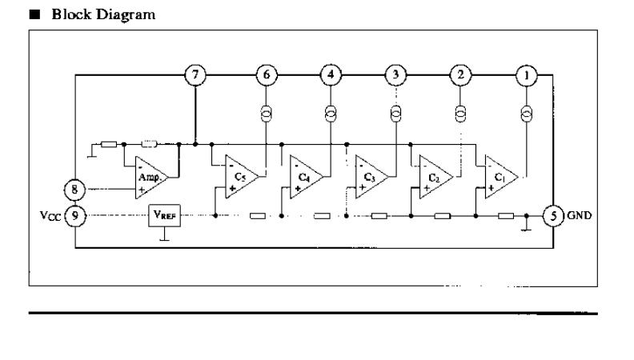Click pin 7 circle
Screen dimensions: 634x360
click(195, 74)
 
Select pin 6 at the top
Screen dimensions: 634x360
click(267, 74)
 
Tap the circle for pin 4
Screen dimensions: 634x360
click(331, 74)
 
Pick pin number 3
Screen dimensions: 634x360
click(395, 74)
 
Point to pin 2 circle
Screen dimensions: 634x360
click(460, 74)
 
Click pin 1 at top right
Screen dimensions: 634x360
click(527, 75)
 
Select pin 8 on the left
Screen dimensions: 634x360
click(74, 190)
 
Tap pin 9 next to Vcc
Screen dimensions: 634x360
click(75, 216)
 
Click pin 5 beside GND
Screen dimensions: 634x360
click(553, 216)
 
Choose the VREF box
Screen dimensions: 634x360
click(165, 216)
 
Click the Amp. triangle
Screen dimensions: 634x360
click(151, 178)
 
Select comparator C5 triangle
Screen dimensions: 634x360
click(242, 177)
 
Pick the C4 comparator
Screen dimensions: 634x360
click(307, 177)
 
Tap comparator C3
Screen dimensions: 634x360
click(371, 177)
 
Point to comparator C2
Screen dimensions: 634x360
click(435, 177)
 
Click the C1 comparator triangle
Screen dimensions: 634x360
click(501, 177)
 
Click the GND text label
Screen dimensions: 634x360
click(580, 215)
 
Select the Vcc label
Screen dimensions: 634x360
click(50, 216)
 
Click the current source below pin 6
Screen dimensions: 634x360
click(266, 114)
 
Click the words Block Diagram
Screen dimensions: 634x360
click(103, 14)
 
